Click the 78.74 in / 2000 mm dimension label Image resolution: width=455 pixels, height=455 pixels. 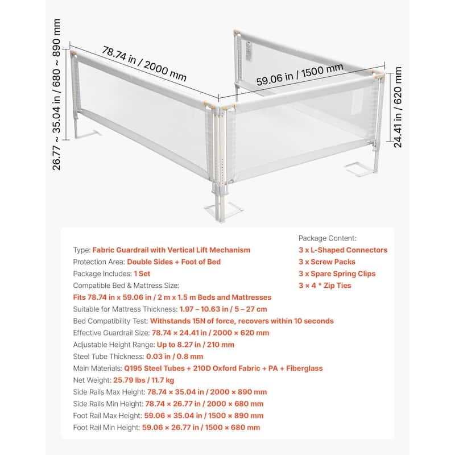coord(145,63)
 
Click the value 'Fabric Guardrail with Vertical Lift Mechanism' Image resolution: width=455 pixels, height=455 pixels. coord(171,250)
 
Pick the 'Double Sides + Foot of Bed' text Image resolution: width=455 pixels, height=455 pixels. coord(173,262)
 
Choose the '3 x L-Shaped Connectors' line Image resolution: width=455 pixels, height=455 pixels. coord(342,250)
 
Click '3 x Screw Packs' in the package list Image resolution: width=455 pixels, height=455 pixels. coord(327,262)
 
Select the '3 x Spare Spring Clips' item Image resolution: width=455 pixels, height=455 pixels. coord(337,274)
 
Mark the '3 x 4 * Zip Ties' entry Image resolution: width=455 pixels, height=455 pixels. coord(325,286)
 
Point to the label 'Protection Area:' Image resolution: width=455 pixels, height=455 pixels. coord(98,262)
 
